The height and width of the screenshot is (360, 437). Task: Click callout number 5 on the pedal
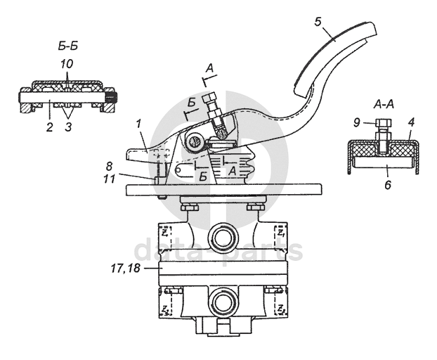click(318, 22)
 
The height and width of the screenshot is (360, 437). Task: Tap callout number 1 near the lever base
click(139, 124)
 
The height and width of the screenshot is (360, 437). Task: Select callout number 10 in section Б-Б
click(67, 64)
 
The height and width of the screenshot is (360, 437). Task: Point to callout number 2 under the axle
click(49, 127)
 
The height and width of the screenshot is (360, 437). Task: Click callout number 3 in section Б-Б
click(69, 127)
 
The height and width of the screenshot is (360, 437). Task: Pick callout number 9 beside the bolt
click(357, 122)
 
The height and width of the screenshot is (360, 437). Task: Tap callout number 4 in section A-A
click(412, 122)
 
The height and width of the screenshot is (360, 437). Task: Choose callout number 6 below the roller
click(389, 185)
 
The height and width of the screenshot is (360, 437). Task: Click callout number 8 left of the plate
click(109, 166)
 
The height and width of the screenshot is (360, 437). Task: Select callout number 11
click(109, 179)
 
